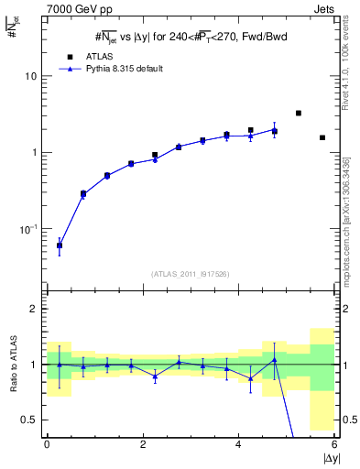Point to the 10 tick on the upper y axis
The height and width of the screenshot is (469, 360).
pos(32,76)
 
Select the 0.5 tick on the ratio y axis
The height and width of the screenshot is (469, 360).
pos(32,420)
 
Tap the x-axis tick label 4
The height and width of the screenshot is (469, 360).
pos(238,444)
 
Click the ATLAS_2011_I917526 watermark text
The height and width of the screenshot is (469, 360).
pos(190,273)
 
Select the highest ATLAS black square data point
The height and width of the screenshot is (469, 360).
pos(299,113)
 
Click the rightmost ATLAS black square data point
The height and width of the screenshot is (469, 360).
pos(322,137)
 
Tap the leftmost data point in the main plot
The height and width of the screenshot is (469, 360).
pos(60,245)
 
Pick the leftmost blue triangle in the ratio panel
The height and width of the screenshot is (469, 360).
pos(60,365)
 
